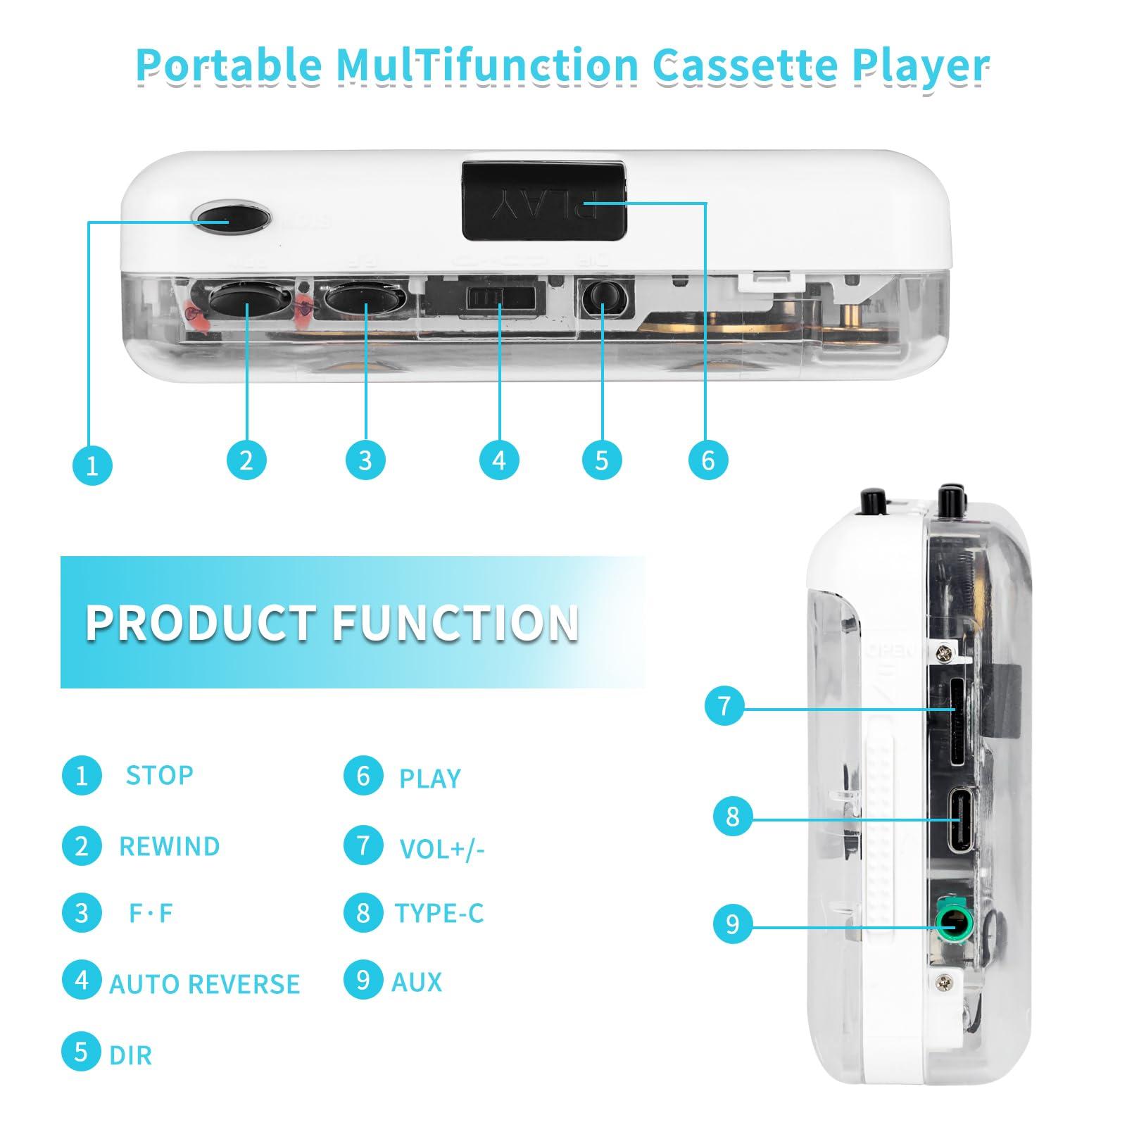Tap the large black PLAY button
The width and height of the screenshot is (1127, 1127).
tap(543, 200)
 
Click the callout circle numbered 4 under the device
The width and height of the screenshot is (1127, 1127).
tap(499, 460)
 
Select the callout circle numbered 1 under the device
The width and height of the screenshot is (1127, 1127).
tap(92, 465)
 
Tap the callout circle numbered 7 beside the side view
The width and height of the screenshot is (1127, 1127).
tap(724, 705)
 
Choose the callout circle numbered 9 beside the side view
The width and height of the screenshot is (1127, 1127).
tap(733, 924)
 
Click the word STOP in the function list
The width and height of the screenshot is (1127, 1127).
tap(159, 775)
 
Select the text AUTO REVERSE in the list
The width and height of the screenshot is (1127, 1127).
tap(204, 983)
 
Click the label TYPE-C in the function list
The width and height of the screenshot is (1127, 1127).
tap(439, 913)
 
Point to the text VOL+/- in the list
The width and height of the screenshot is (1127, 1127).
tap(442, 849)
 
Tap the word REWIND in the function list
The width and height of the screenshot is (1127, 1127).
tap(169, 846)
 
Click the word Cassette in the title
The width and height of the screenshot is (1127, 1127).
tap(745, 65)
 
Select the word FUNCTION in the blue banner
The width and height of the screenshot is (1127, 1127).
tap(455, 623)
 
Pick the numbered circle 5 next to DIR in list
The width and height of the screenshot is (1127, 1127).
tap(82, 1052)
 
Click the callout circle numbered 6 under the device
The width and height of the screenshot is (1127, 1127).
tap(707, 460)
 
